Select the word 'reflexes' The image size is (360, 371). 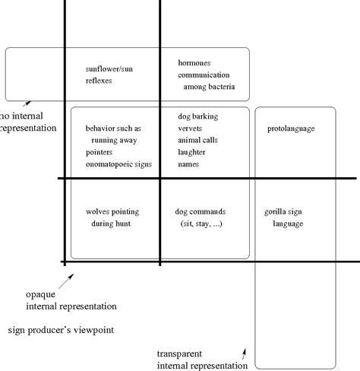click(x=99, y=81)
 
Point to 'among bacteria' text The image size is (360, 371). click(x=210, y=87)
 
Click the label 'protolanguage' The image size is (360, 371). click(x=291, y=128)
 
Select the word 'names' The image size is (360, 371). click(x=188, y=164)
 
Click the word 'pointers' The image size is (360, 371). click(x=100, y=152)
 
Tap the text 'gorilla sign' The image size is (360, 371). click(x=286, y=212)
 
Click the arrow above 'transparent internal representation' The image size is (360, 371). click(x=244, y=354)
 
